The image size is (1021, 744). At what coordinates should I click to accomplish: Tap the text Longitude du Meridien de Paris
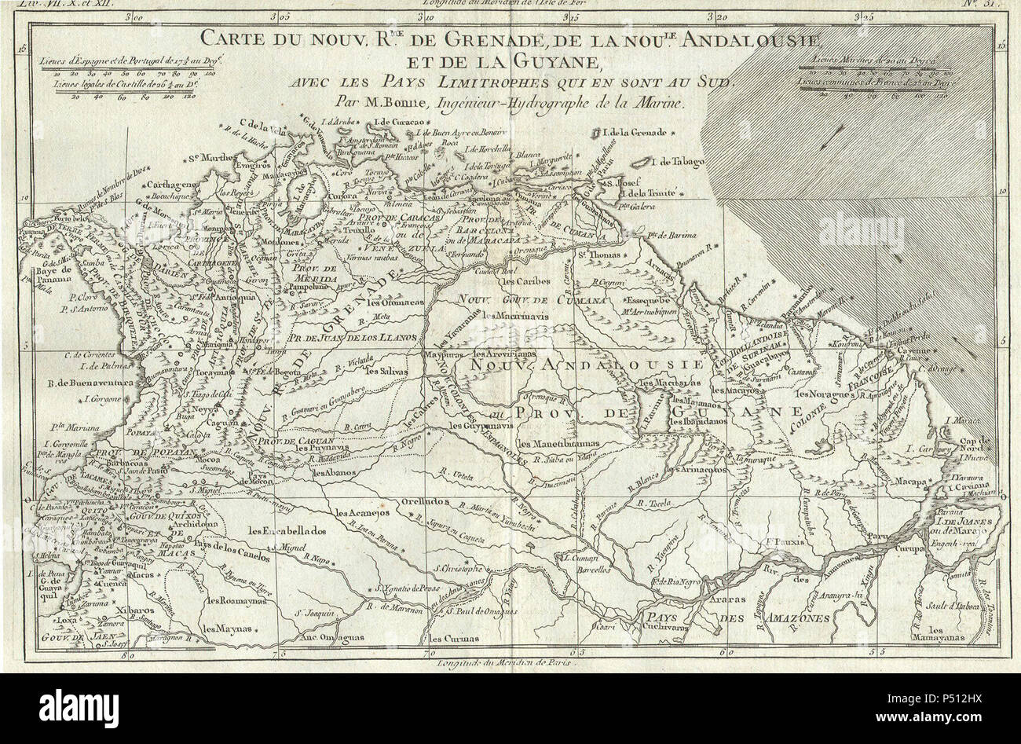[503, 662]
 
